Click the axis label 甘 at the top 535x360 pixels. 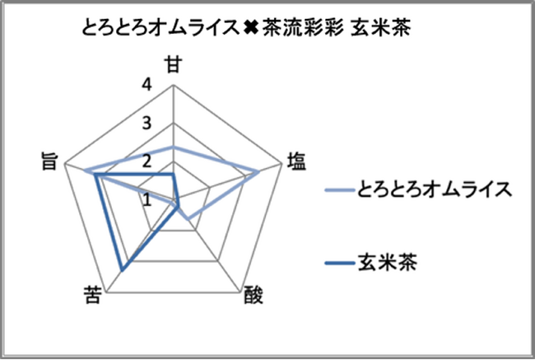(x=174, y=64)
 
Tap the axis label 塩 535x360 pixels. (x=296, y=161)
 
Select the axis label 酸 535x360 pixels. (x=254, y=295)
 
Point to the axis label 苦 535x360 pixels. (x=92, y=295)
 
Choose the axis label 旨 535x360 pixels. (x=49, y=161)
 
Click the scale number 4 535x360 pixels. (x=147, y=85)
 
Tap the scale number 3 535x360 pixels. (x=147, y=123)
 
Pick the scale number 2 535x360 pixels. (x=147, y=161)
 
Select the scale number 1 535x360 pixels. (x=147, y=200)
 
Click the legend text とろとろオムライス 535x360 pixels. (x=435, y=189)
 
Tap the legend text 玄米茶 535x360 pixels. (x=388, y=263)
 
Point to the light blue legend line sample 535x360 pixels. (x=339, y=190)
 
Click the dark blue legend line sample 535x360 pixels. (x=339, y=263)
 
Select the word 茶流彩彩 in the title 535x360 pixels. (x=303, y=27)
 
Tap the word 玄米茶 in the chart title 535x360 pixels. (x=381, y=27)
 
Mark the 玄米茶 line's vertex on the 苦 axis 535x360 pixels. (x=122, y=271)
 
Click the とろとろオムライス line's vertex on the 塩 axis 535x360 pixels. (x=259, y=172)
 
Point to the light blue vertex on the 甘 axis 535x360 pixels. (x=174, y=147)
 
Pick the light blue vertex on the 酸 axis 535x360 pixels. (x=188, y=219)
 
